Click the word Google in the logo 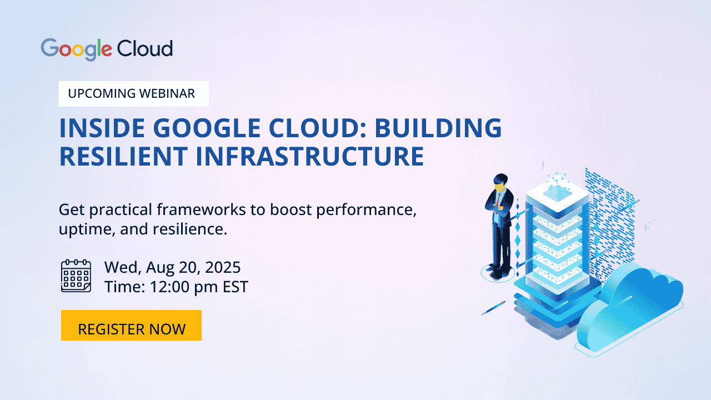pos(77,49)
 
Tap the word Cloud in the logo pos(144,49)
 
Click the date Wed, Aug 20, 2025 pos(172,268)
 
